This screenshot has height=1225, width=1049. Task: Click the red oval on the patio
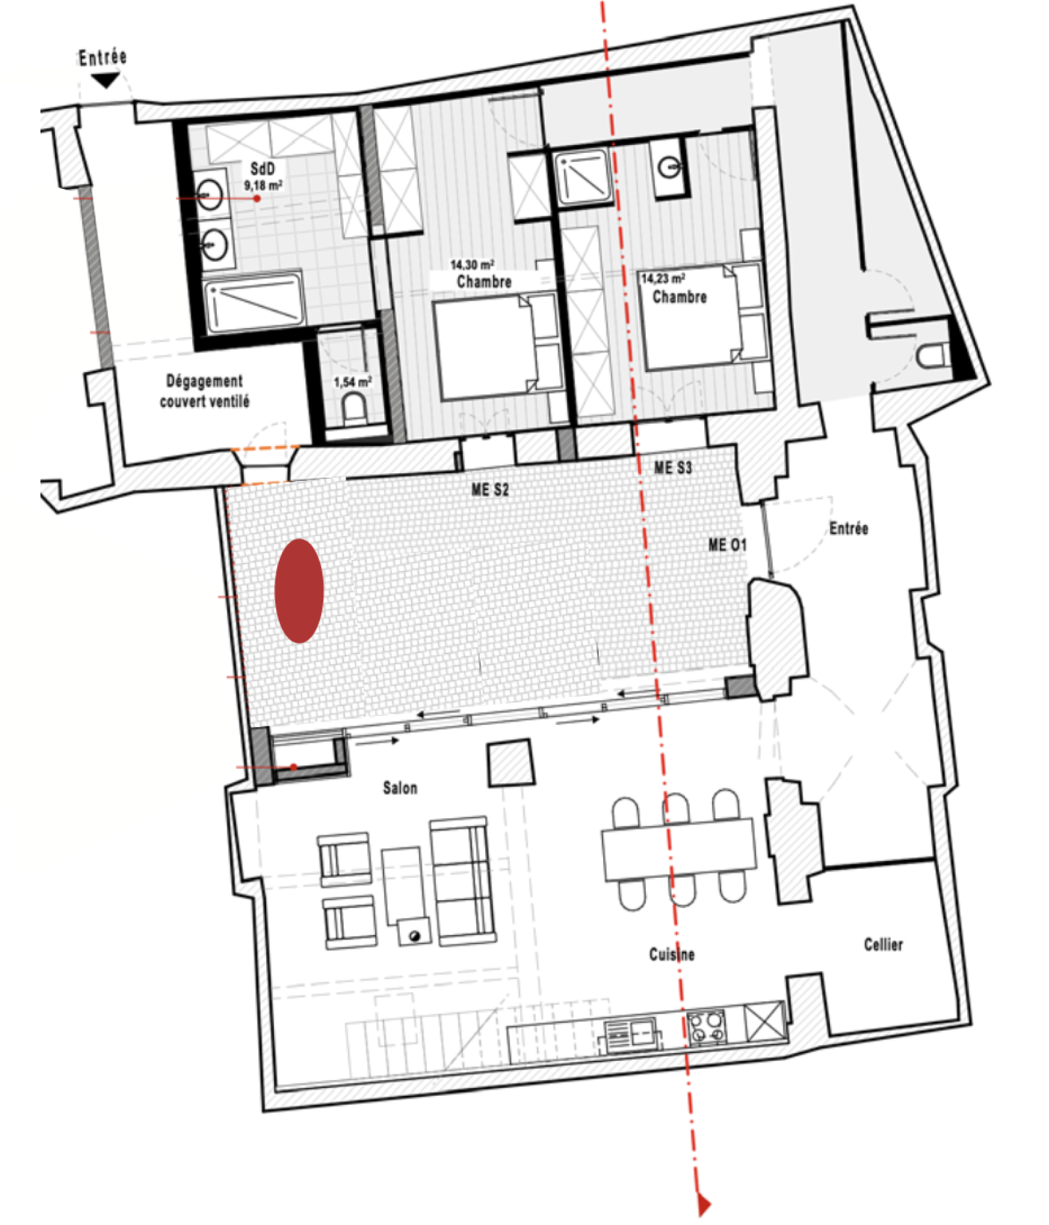[x=299, y=591]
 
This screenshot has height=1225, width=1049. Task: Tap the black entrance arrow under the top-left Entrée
[x=105, y=80]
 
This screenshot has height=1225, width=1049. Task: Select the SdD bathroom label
[x=263, y=169]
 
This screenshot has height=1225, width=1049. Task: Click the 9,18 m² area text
[x=264, y=186]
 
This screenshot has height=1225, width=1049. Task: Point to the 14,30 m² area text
[x=472, y=264]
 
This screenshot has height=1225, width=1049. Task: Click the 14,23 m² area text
[x=663, y=278]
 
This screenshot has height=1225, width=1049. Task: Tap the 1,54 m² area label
[x=353, y=381]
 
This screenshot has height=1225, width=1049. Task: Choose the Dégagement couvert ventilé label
[x=205, y=391]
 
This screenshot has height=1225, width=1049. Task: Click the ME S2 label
[x=490, y=489]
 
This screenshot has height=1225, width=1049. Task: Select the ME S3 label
[x=673, y=468]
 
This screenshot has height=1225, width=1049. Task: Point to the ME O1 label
[x=727, y=545]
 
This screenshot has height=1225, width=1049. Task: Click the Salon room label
[x=400, y=787]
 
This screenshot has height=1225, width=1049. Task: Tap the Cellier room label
[x=883, y=944]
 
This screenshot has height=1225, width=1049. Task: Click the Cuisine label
[x=672, y=954]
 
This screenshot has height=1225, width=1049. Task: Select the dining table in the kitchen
[x=679, y=848]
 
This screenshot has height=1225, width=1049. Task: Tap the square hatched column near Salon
[x=511, y=762]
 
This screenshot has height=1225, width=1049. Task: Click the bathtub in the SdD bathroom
[x=254, y=302]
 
